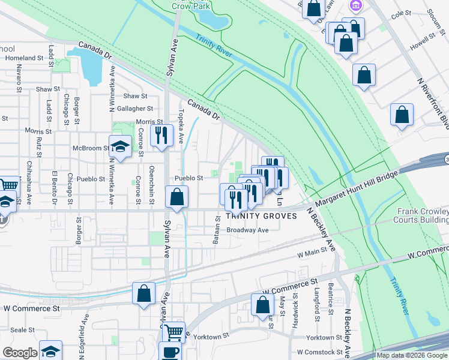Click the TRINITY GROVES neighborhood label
[261, 216]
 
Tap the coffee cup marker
[170, 351]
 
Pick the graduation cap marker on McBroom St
[120, 146]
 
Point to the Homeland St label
[25, 58]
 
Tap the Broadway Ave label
[247, 230]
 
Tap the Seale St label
[22, 330]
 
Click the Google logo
[20, 353]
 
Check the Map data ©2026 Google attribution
[411, 355]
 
